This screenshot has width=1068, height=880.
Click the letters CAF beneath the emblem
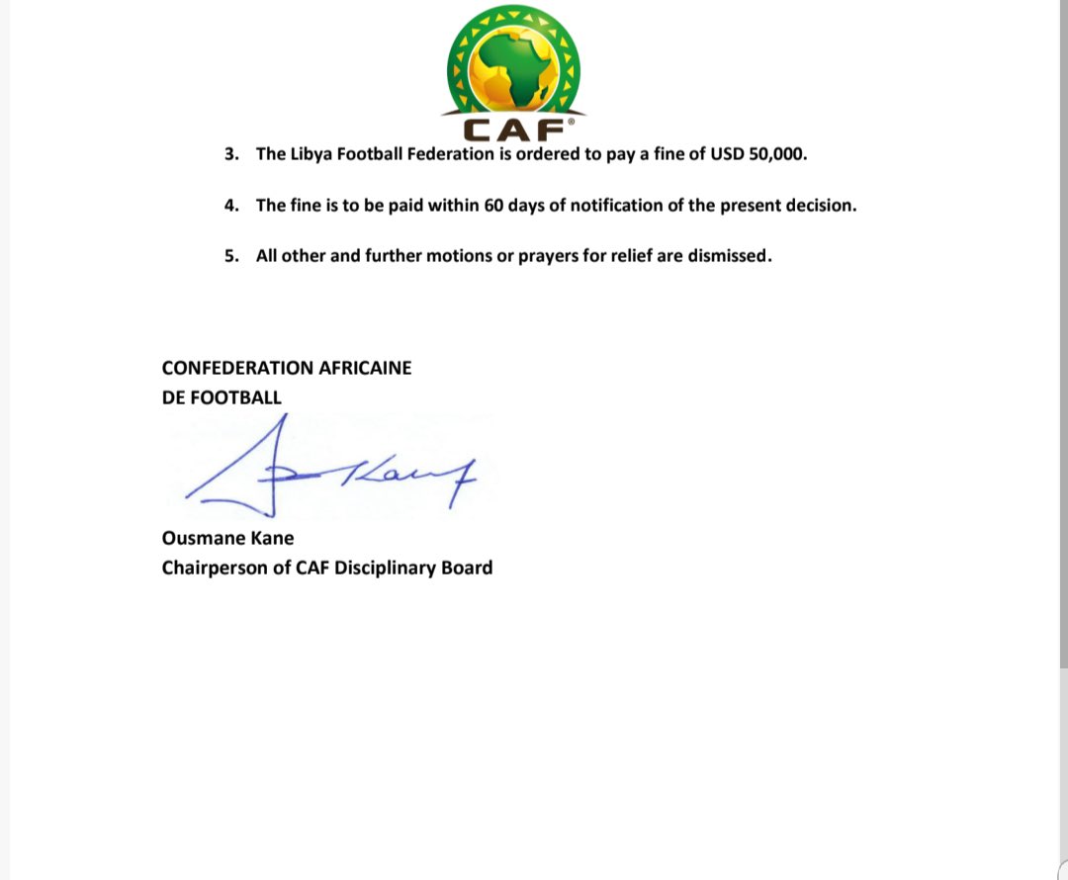click(513, 130)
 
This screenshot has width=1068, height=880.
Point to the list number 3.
click(230, 154)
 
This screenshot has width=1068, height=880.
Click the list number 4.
click(230, 206)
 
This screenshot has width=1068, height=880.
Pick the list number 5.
click(230, 256)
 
